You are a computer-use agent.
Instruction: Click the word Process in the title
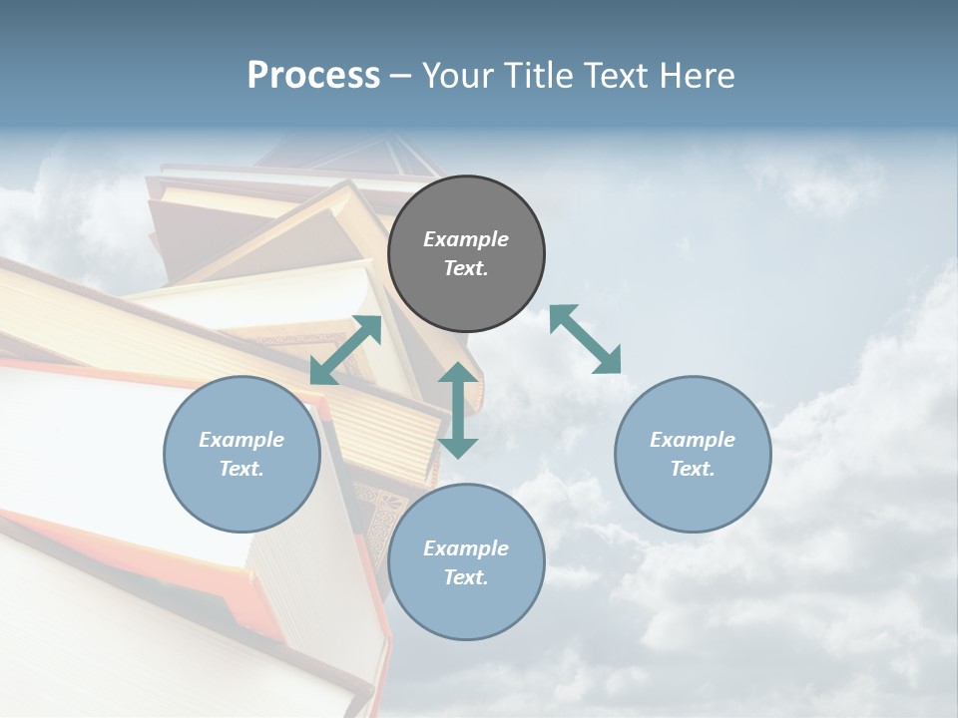[x=313, y=76]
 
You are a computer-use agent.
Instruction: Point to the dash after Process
[x=401, y=77]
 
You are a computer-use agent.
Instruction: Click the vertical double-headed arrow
[x=458, y=410]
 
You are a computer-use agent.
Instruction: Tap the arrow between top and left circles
[x=345, y=350]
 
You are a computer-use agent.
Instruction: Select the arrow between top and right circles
[x=585, y=339]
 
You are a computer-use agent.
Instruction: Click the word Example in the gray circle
[x=466, y=239]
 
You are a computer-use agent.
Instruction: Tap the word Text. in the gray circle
[x=466, y=268]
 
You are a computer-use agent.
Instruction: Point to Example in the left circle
[x=241, y=440]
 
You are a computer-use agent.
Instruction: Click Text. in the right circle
[x=693, y=469]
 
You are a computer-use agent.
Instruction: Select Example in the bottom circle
[x=466, y=548]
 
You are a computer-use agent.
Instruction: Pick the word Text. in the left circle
[x=241, y=469]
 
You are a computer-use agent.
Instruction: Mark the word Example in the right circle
[x=693, y=440]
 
